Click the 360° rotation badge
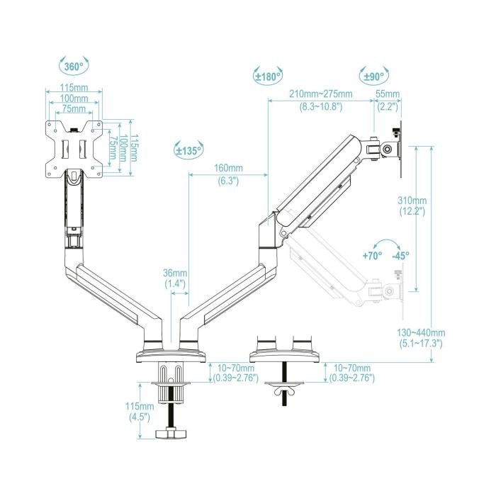tap(74, 67)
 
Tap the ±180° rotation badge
tap(268, 76)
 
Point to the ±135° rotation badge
tap(189, 150)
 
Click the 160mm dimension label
tap(228, 169)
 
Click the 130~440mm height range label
tap(422, 332)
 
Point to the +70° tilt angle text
tap(372, 256)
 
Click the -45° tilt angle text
tap(400, 256)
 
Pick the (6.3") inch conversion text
tap(228, 181)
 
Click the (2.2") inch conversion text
tap(388, 106)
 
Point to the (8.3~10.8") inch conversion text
tap(320, 106)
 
